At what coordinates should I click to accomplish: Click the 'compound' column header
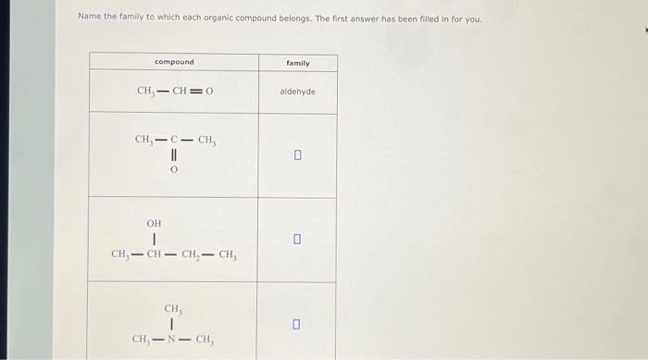point(174,62)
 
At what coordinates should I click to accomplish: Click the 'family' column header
point(297,63)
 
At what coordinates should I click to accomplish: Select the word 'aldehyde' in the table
point(297,93)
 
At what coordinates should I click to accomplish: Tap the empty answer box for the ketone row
point(297,155)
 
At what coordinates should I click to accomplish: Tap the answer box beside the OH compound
point(297,240)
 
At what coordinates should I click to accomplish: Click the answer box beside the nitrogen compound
point(297,324)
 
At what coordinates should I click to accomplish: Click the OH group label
point(154,223)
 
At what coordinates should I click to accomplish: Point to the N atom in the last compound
point(173,340)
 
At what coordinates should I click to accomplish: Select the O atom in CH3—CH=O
point(209,92)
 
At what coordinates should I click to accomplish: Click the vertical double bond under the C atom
point(173,156)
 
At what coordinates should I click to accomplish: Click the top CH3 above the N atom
point(173,308)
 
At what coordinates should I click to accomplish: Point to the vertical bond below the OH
point(154,239)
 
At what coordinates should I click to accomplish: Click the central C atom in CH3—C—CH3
point(173,141)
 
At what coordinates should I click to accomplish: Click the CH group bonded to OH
point(154,254)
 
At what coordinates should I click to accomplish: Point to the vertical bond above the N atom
point(173,324)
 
